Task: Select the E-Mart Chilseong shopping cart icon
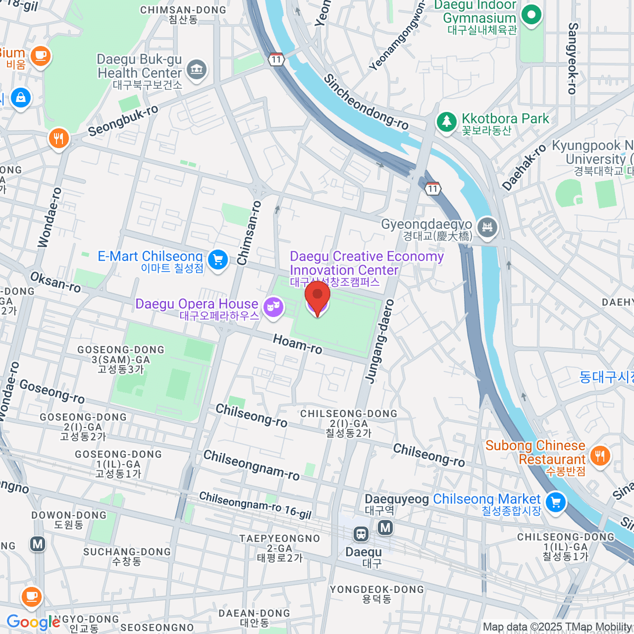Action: click(218, 260)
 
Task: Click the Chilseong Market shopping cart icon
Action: click(555, 502)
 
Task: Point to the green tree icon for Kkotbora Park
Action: click(446, 122)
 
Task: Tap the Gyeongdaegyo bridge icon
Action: click(487, 228)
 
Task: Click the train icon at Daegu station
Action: click(361, 534)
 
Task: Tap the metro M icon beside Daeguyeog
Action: click(386, 527)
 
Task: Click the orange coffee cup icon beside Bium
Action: click(41, 55)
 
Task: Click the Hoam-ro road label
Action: click(297, 344)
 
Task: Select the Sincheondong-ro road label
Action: click(366, 102)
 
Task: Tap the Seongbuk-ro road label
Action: click(123, 121)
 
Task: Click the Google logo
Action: click(33, 622)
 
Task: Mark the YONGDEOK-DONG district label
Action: click(377, 590)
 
